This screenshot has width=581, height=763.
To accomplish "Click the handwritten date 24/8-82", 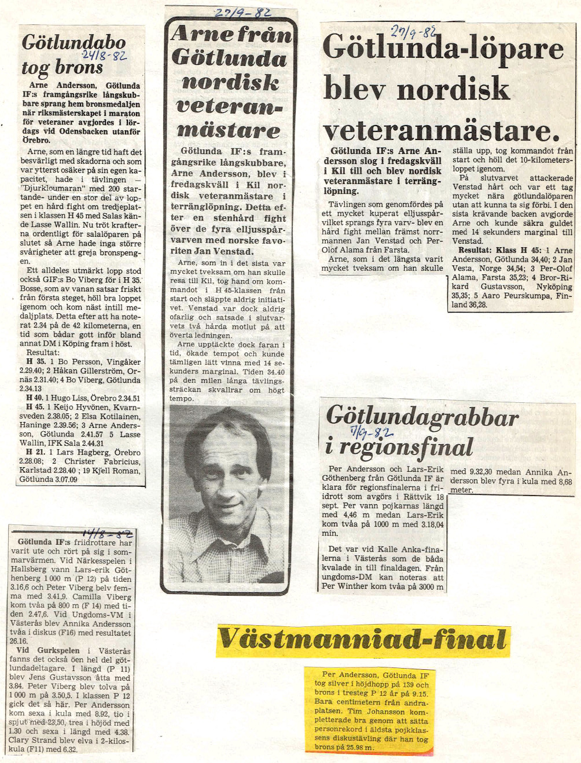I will [104, 56].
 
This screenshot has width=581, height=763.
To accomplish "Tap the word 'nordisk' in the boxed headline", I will [230, 82].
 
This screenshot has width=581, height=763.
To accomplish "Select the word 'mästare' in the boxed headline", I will [230, 130].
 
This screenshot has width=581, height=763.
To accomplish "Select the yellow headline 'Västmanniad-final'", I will [363, 640].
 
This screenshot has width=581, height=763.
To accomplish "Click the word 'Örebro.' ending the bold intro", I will [36, 140].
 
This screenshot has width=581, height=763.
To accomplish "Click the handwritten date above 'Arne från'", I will [242, 12].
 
